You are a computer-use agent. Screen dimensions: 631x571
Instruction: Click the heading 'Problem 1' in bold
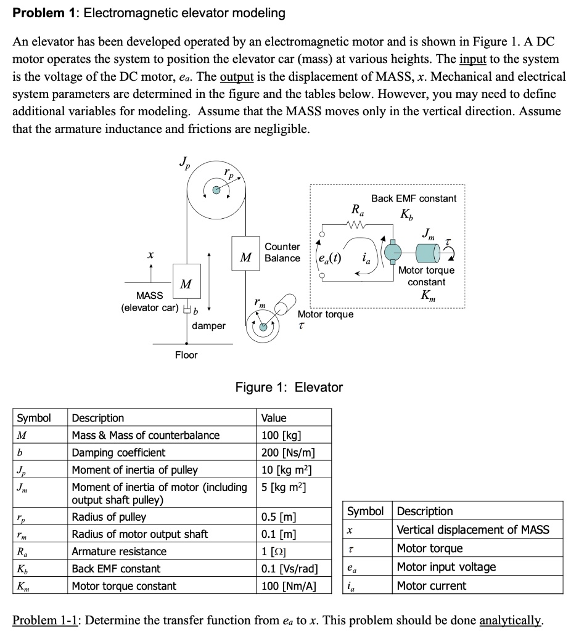tap(39, 12)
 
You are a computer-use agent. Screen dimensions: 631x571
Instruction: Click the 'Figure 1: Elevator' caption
tap(289, 387)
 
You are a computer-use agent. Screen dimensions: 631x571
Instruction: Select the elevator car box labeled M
tap(184, 284)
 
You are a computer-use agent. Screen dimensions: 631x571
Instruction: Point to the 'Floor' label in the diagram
tap(186, 354)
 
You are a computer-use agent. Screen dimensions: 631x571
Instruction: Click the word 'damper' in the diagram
tap(208, 325)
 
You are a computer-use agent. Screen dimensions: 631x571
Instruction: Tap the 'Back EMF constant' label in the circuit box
tap(413, 198)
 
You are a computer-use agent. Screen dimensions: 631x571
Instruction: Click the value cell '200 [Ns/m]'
tap(289, 452)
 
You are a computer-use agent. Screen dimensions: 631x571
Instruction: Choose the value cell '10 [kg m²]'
tap(289, 470)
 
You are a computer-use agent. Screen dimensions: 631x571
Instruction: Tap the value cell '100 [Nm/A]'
tap(289, 586)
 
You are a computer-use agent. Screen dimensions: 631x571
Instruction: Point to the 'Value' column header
tap(274, 418)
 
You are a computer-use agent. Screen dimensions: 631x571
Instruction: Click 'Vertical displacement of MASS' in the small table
tap(472, 529)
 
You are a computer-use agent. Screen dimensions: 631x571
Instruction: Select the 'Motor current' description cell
tap(431, 586)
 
